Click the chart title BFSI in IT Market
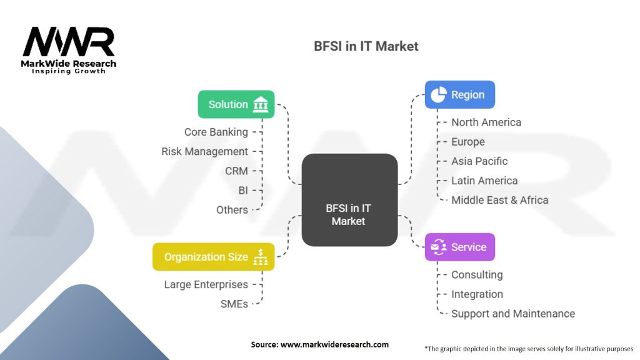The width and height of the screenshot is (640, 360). (x=366, y=46)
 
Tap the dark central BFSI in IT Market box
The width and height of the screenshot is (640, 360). (x=349, y=199)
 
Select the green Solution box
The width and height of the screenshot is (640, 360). (x=236, y=104)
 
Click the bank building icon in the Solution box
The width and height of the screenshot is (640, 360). (x=260, y=105)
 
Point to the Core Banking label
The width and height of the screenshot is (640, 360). (x=216, y=132)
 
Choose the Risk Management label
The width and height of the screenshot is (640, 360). (x=204, y=151)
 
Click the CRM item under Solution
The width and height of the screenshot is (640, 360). (x=236, y=171)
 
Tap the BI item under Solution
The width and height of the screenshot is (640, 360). (x=242, y=190)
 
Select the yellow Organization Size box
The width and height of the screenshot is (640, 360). (x=213, y=257)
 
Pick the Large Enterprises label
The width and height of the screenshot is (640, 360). (x=206, y=284)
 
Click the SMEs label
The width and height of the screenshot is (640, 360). (x=234, y=304)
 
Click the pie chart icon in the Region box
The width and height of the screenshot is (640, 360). (x=439, y=95)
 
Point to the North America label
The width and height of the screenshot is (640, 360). (x=486, y=122)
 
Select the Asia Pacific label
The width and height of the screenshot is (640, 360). (x=479, y=161)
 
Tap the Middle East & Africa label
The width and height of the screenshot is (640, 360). (x=499, y=200)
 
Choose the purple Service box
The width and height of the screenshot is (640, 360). (x=459, y=247)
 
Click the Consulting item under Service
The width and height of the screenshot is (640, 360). (x=476, y=274)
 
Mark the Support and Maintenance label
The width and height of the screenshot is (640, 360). (x=512, y=314)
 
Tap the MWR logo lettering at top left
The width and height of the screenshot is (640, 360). (x=68, y=42)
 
